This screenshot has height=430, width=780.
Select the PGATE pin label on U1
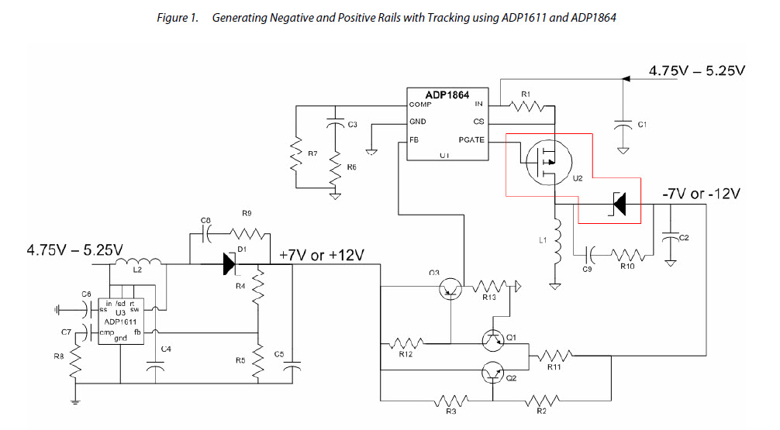point(471,140)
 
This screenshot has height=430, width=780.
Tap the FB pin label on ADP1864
point(415,140)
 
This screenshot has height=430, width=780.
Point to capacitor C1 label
point(641,124)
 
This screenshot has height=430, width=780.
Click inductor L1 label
point(543,241)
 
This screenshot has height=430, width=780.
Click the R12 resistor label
point(405,354)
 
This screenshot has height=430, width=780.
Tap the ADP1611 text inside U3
point(116,319)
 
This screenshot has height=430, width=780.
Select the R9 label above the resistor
point(247,212)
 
